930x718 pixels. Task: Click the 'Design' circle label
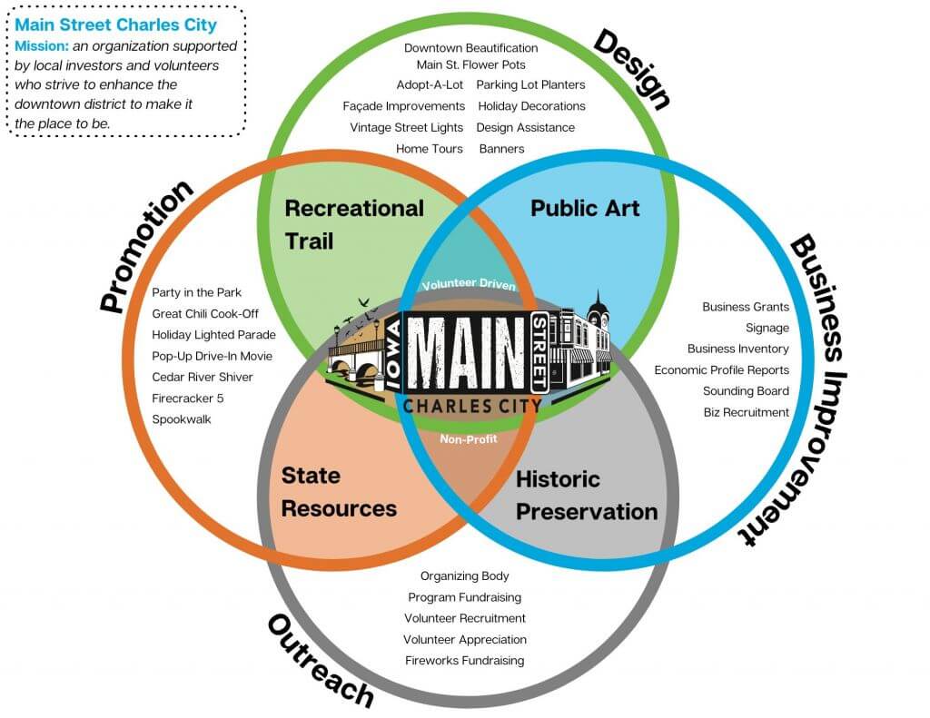point(632,69)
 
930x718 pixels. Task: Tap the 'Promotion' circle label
point(146,246)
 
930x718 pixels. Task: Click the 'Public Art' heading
point(585,208)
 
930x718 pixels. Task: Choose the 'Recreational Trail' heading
point(354,224)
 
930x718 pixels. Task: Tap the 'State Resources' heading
point(339,491)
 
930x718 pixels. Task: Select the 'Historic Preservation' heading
point(586,495)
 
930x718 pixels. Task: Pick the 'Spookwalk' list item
point(182,419)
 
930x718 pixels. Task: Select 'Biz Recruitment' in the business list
point(746,412)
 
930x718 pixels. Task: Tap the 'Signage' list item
point(767,328)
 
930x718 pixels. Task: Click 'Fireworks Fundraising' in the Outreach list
point(464,660)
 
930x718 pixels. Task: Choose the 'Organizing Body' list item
point(464,575)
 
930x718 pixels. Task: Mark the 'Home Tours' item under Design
point(429,148)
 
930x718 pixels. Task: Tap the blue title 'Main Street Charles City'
point(115,25)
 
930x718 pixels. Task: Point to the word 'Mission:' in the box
point(40,45)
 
